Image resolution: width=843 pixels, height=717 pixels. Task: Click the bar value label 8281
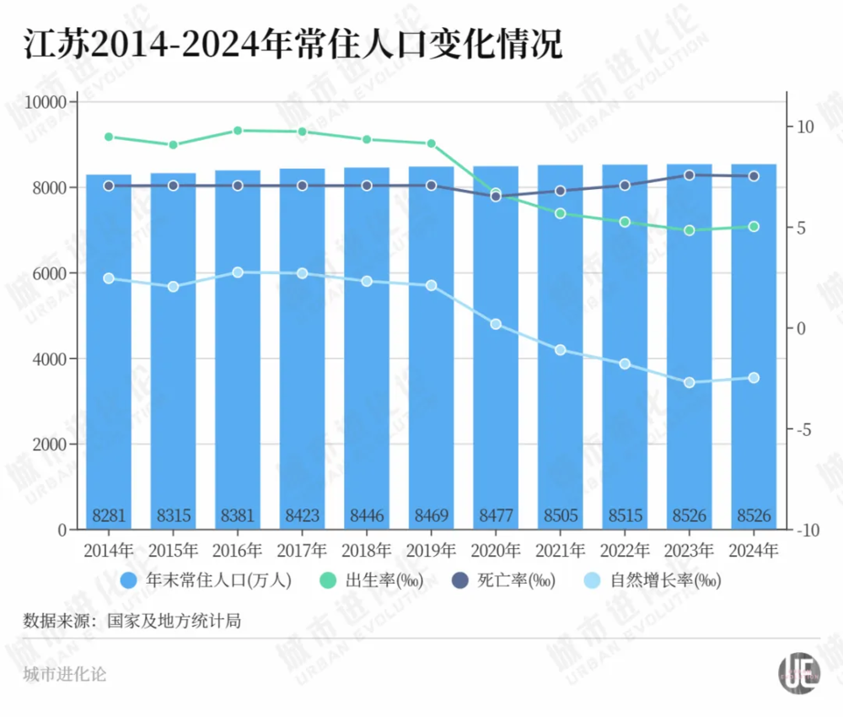pos(109,515)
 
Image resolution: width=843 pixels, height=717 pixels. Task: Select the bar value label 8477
pos(496,515)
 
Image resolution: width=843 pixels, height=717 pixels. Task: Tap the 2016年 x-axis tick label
pos(238,551)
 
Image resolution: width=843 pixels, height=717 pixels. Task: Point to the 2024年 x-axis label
pos(754,551)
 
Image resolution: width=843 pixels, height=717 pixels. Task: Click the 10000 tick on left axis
pos(48,102)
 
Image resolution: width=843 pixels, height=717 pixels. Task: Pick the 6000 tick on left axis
pos(51,273)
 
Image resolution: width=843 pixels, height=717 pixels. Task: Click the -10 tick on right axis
pos(807,530)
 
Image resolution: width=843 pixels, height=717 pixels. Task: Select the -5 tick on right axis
pos(804,429)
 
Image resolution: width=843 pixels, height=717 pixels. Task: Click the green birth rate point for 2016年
pos(238,131)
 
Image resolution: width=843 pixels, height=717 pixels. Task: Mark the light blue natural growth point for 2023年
pos(690,382)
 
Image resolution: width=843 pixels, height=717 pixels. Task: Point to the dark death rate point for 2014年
pos(109,186)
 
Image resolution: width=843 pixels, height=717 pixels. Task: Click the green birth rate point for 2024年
pos(754,227)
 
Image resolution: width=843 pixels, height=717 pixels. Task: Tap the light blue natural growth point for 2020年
pos(496,324)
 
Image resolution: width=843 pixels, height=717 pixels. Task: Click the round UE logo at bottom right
pos(798,673)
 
